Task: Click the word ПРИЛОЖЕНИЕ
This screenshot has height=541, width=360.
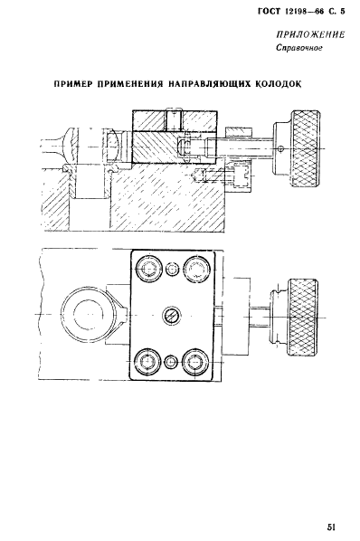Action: click(310, 34)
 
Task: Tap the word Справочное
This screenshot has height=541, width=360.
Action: click(299, 48)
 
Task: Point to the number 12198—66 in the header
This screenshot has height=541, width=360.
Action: click(304, 12)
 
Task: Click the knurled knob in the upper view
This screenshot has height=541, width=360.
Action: click(307, 148)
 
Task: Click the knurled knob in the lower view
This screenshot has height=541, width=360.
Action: click(302, 317)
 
